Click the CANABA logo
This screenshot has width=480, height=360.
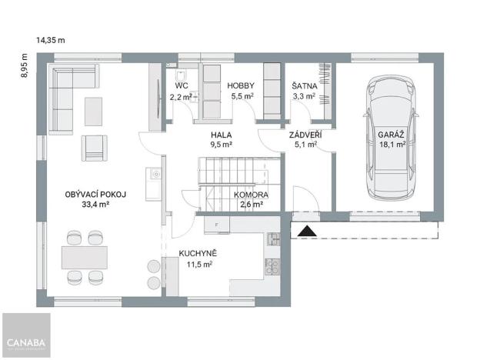pos(25,342)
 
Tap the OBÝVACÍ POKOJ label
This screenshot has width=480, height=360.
pos(95,195)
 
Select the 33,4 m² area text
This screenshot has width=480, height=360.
pos(95,205)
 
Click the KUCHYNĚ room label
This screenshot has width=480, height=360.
pos(197,253)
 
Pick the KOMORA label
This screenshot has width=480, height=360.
pos(251,195)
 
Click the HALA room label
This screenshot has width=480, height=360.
pos(222,133)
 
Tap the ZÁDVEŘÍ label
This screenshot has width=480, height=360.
pos(305,133)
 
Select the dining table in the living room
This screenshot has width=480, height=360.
pos(83,255)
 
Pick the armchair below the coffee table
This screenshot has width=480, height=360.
pos(95,146)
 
